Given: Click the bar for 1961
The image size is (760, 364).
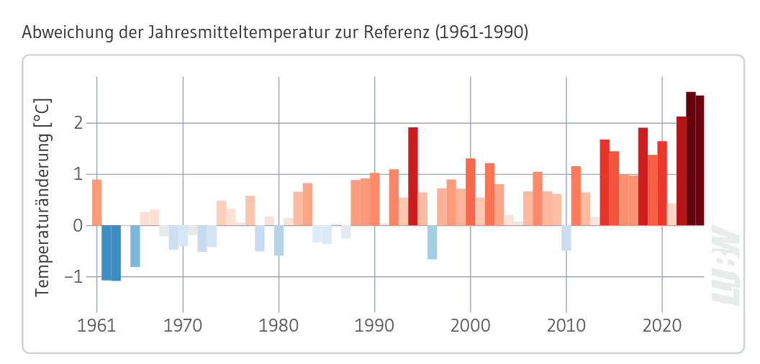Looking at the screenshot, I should pyautogui.click(x=96, y=202).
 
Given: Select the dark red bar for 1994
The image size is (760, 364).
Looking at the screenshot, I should pyautogui.click(x=413, y=176).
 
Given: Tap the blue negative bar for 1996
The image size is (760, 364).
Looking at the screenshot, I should pyautogui.click(x=432, y=242).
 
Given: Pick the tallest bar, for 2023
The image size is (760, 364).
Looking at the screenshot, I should pyautogui.click(x=691, y=158).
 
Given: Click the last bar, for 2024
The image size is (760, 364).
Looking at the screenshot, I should pyautogui.click(x=700, y=160).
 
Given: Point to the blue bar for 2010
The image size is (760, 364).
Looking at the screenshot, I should pyautogui.click(x=566, y=237).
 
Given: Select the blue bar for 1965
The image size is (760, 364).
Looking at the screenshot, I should pyautogui.click(x=135, y=245).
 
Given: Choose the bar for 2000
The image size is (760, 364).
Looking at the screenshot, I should pyautogui.click(x=471, y=191).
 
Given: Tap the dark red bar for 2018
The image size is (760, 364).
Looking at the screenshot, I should pyautogui.click(x=643, y=176).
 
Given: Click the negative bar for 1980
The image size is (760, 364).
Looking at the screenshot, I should pyautogui.click(x=279, y=240).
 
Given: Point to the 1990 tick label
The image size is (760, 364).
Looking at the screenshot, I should pyautogui.click(x=374, y=326).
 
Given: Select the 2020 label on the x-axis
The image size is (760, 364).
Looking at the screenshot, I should pyautogui.click(x=662, y=326).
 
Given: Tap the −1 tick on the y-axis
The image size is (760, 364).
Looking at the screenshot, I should pyautogui.click(x=74, y=277).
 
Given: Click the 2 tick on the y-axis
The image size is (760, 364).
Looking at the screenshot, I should pyautogui.click(x=80, y=123).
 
